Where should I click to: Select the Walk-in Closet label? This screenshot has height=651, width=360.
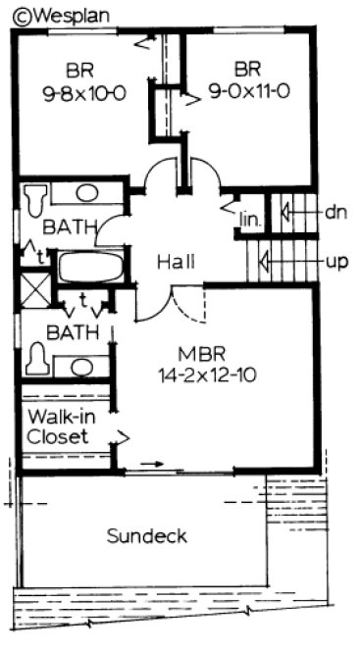tap(65, 426)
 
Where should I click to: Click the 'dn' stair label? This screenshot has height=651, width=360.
tap(337, 211)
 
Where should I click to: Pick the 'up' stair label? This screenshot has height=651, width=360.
tap(337, 262)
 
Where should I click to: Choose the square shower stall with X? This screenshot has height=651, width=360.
tap(36, 291)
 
